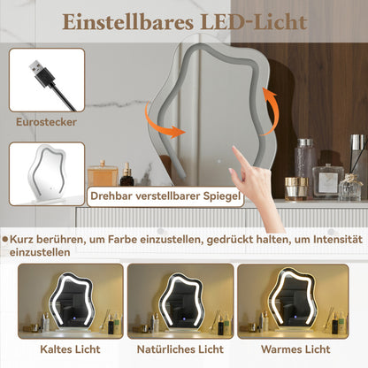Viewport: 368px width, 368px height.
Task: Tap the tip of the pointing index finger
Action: pos(234,149)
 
